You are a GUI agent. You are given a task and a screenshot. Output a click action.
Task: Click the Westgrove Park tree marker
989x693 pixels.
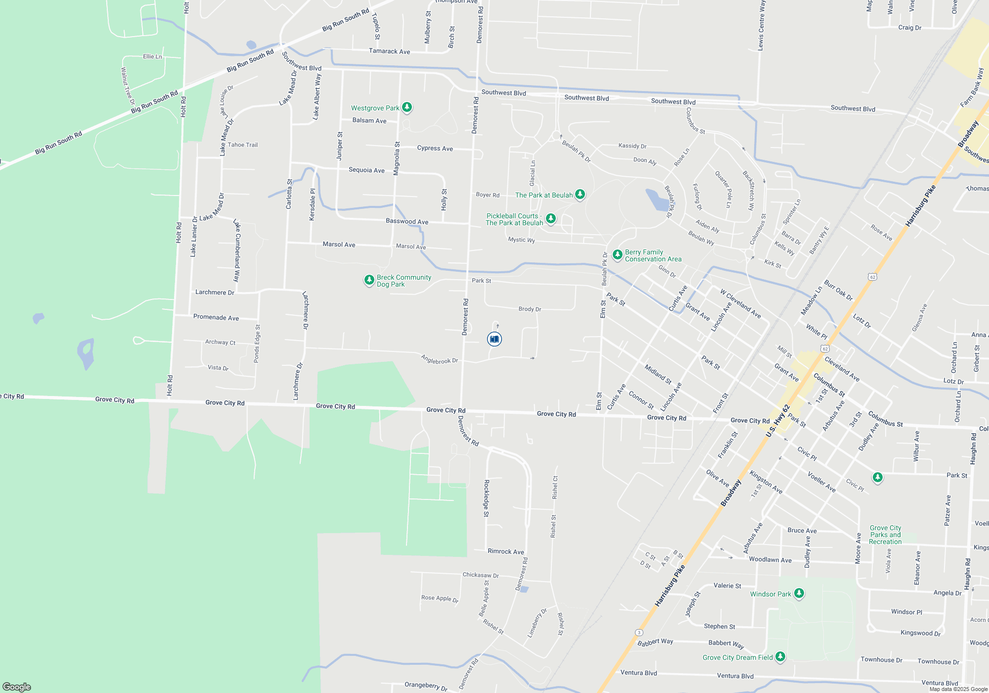407,107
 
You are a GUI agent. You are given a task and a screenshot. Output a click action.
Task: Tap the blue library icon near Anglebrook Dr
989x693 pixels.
494,339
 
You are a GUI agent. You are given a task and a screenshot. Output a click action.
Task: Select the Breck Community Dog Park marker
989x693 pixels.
369,280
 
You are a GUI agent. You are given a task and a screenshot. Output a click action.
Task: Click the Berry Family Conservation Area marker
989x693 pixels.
617,255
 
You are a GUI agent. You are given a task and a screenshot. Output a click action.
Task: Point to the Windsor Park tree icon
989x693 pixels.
799,594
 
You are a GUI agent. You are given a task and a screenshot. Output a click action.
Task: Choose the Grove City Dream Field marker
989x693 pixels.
780,657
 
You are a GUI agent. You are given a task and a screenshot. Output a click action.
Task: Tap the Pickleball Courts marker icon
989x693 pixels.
551,219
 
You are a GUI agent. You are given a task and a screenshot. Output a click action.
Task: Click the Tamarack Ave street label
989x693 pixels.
389,51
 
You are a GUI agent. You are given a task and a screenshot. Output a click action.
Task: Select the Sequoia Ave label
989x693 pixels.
366,170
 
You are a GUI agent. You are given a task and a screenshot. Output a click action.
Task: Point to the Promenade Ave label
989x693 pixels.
216,317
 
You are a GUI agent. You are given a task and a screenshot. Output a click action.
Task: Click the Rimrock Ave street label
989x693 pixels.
506,551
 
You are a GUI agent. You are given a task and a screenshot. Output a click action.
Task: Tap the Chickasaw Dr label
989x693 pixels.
481,575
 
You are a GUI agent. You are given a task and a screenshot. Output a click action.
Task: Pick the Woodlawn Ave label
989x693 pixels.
770,560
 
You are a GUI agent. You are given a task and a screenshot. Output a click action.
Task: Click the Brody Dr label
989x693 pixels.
530,309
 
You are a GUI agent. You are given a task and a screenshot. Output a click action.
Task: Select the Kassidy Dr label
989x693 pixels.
632,146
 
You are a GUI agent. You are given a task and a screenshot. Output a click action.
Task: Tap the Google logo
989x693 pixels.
17,687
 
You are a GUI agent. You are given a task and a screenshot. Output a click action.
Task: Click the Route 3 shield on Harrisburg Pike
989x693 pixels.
639,633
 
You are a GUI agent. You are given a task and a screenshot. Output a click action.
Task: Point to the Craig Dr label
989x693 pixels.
910,28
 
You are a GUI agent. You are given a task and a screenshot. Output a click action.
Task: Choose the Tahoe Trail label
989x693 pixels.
242,145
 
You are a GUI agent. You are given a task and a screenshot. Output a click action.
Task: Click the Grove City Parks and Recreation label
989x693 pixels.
885,535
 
